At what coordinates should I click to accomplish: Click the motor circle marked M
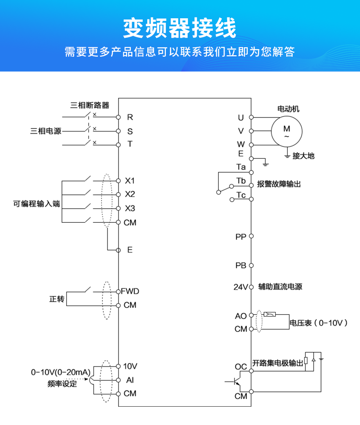tap(287, 131)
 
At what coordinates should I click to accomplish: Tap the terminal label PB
tap(241, 265)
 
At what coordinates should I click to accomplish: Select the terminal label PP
tap(241, 237)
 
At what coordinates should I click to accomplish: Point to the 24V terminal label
tap(241, 287)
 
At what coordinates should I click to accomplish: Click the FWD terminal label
tap(130, 291)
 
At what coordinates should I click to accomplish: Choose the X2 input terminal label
tap(130, 194)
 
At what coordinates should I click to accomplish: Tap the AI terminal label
tap(130, 380)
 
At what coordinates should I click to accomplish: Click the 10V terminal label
tap(130, 366)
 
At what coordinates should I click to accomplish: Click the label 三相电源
tap(46, 131)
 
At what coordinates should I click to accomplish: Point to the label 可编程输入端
tap(37, 204)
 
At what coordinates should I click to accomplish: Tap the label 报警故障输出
tap(279, 184)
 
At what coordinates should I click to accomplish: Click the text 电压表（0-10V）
tap(319, 323)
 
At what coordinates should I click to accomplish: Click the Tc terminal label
tap(241, 195)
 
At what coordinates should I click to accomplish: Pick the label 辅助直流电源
tap(280, 287)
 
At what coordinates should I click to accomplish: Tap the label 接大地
tap(303, 156)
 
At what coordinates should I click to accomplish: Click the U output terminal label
tap(241, 118)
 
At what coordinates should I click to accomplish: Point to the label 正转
tap(57, 299)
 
